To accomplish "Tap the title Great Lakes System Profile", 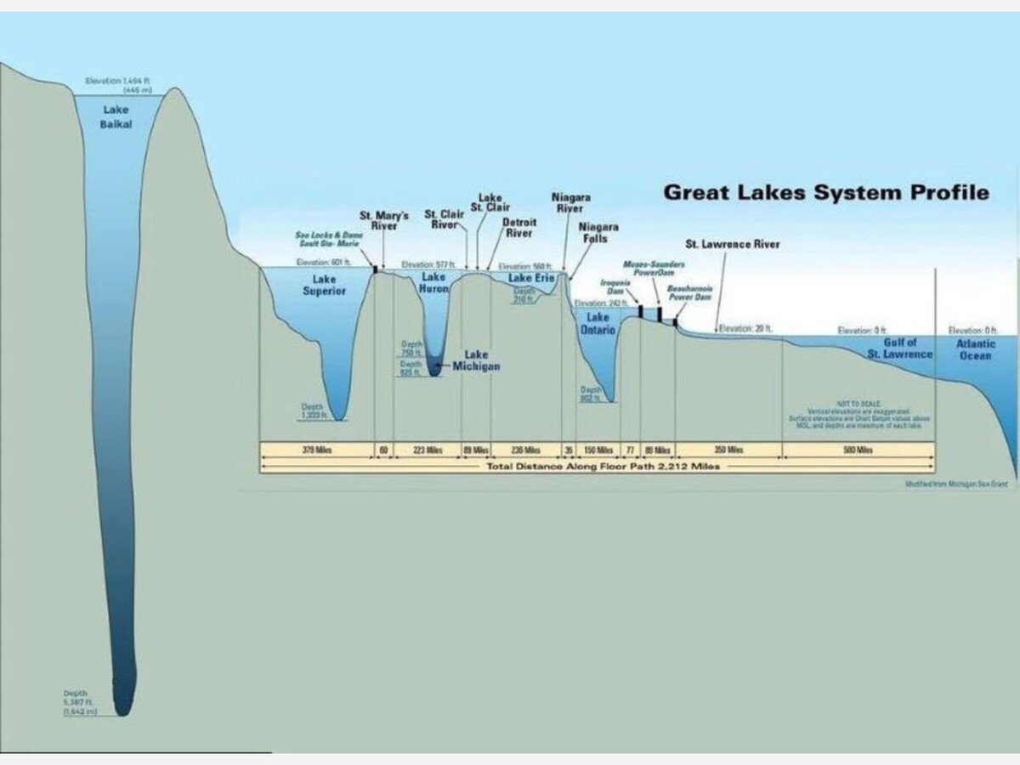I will (825, 192).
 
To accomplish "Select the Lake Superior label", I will (324, 285).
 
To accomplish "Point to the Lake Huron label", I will (433, 283).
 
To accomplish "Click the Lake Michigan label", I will (476, 360).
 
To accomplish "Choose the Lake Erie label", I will (531, 278).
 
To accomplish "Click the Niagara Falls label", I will (598, 233).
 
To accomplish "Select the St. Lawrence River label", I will (732, 245).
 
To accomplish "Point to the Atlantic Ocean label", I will (975, 349).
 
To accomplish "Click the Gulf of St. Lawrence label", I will (899, 348).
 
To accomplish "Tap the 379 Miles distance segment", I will (316, 450).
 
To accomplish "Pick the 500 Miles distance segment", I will (858, 450).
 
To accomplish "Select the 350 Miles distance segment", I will (728, 450).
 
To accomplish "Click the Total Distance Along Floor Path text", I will (603, 467).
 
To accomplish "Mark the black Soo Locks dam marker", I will (375, 269).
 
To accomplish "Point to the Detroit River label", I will (518, 228).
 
